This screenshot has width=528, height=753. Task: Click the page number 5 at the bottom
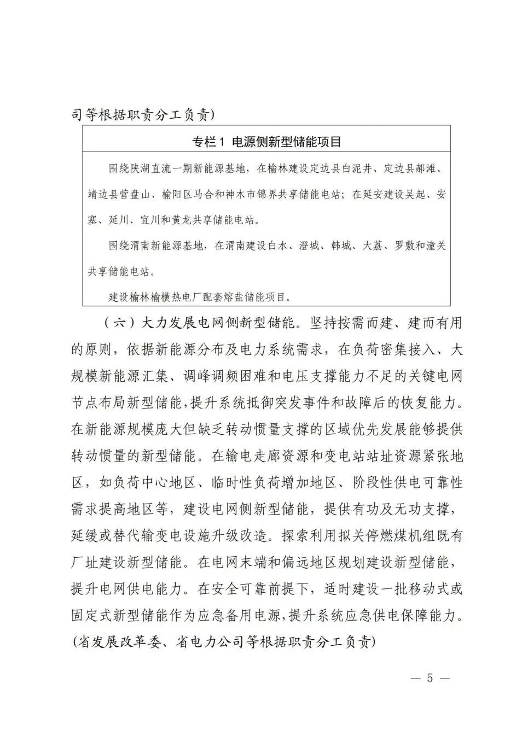(430, 678)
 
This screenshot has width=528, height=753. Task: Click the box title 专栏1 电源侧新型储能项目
(266, 142)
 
